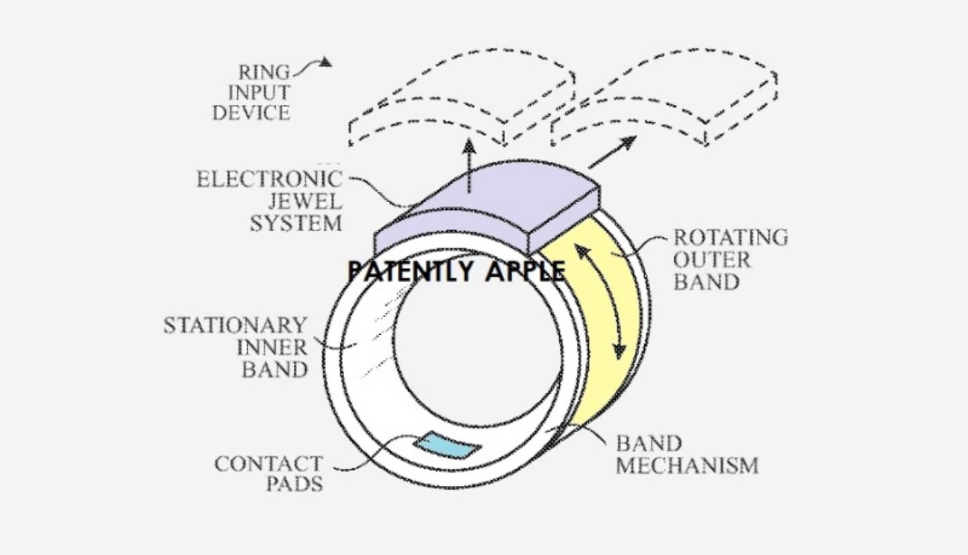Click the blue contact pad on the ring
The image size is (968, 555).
click(x=447, y=446)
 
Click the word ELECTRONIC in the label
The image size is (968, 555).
click(x=270, y=179)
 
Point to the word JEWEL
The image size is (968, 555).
click(x=305, y=202)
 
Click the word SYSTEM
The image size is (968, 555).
click(x=296, y=224)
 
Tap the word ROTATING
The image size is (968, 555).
click(x=731, y=238)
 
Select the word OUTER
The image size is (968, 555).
click(x=712, y=260)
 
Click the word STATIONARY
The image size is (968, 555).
click(x=235, y=325)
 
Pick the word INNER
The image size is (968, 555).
click(x=272, y=347)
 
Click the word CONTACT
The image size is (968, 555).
click(x=269, y=464)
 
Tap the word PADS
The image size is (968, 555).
click(x=294, y=484)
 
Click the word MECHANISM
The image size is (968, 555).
click(x=687, y=466)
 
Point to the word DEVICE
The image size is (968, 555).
click(x=251, y=113)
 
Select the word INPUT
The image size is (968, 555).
click(x=259, y=93)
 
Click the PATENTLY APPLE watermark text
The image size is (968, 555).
click(x=457, y=271)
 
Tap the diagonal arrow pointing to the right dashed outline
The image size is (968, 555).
click(x=613, y=152)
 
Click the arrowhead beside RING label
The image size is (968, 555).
click(x=324, y=62)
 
